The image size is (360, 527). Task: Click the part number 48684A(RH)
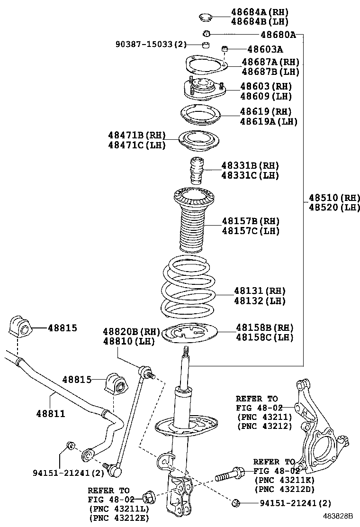click(260, 12)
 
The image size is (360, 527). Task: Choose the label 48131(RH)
click(259, 291)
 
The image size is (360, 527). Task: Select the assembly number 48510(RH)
click(334, 198)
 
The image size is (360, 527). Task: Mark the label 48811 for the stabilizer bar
click(50, 413)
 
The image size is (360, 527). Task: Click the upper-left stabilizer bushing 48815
click(19, 327)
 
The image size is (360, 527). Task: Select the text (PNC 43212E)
click(118, 518)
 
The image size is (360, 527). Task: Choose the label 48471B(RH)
click(137, 136)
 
